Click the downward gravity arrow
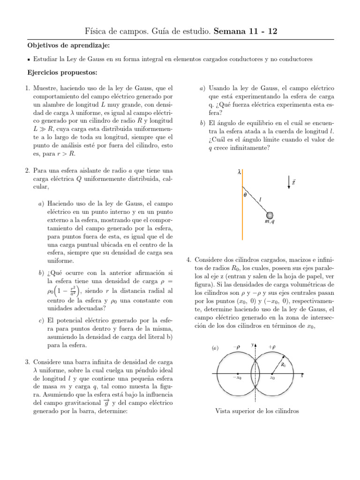[x=289, y=183]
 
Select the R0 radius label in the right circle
[x=284, y=364]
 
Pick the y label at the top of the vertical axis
[x=252, y=345]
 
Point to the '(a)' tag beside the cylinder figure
[x=216, y=348]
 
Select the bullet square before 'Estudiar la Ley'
[x=29, y=60]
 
